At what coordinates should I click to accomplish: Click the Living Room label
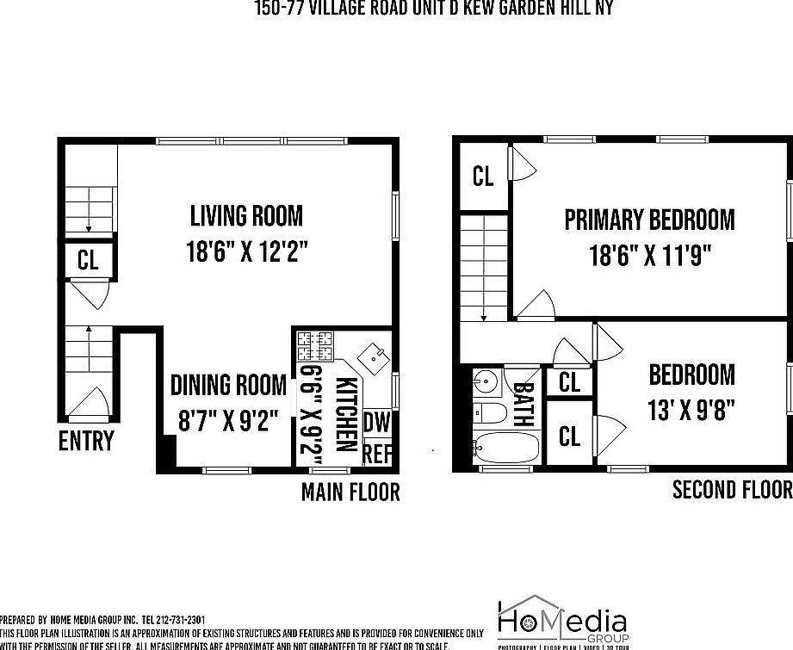246,214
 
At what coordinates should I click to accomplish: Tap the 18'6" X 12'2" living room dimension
246,251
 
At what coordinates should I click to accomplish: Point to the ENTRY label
86,441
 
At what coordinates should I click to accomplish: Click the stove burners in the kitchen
315,346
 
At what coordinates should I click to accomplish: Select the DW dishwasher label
376,421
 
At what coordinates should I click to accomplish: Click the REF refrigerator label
377,453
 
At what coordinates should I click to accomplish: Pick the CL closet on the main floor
88,260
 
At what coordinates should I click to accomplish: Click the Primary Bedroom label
649,220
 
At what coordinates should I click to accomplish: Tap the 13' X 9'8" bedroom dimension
691,408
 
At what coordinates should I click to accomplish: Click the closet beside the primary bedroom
483,176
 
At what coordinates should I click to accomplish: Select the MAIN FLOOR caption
350,492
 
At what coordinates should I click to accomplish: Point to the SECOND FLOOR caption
732,489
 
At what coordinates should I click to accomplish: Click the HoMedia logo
561,621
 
